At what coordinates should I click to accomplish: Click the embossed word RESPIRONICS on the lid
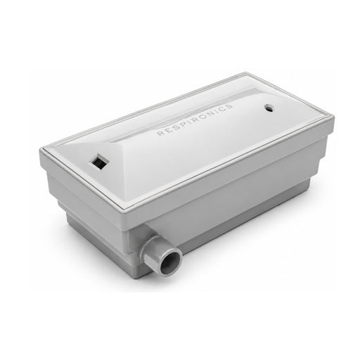click(x=195, y=120)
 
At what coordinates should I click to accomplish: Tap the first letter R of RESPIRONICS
click(x=160, y=134)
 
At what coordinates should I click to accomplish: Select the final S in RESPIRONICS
click(x=229, y=106)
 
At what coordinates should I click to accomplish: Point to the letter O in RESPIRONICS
click(x=202, y=117)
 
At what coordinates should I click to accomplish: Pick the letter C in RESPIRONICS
click(x=221, y=109)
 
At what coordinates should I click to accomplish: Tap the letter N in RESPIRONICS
click(x=211, y=113)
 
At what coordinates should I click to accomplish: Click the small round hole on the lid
click(x=269, y=108)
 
